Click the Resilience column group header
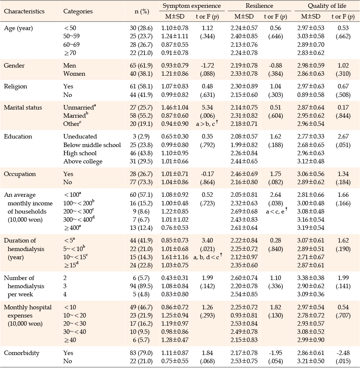(259, 6)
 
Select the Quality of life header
(327, 6)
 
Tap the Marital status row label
(23, 107)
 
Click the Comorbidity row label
(22, 353)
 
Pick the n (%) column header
(142, 11)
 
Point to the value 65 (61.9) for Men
(141, 65)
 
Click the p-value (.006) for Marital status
(207, 116)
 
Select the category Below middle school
(92, 145)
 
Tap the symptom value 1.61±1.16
(175, 257)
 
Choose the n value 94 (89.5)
(141, 286)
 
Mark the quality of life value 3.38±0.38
(311, 278)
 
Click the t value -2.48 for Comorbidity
(343, 353)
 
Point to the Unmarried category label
(79, 107)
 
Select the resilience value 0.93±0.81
(244, 315)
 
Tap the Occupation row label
(20, 174)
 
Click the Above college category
(83, 162)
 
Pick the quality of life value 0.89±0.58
(311, 95)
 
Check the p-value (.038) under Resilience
(276, 203)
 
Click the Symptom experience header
(192, 6)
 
